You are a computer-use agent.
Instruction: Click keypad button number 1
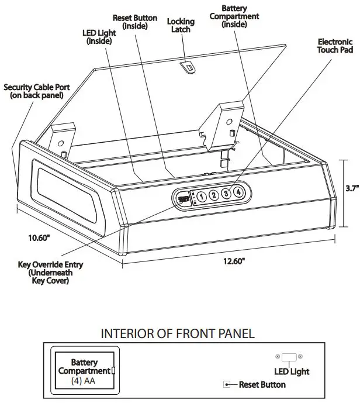pos(200,197)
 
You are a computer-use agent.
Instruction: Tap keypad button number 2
pos(213,195)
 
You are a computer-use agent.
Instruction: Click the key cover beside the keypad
pos(184,199)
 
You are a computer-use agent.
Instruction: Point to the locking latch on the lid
pos(188,68)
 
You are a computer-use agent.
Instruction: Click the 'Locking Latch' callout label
pos(181,26)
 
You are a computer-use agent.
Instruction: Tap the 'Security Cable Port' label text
pos(36,91)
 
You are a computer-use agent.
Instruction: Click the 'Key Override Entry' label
pos(50,273)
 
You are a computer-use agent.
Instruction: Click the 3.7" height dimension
pos(351,188)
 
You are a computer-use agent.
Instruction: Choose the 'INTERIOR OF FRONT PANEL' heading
pos(178,334)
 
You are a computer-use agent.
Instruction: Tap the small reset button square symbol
pos(226,384)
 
